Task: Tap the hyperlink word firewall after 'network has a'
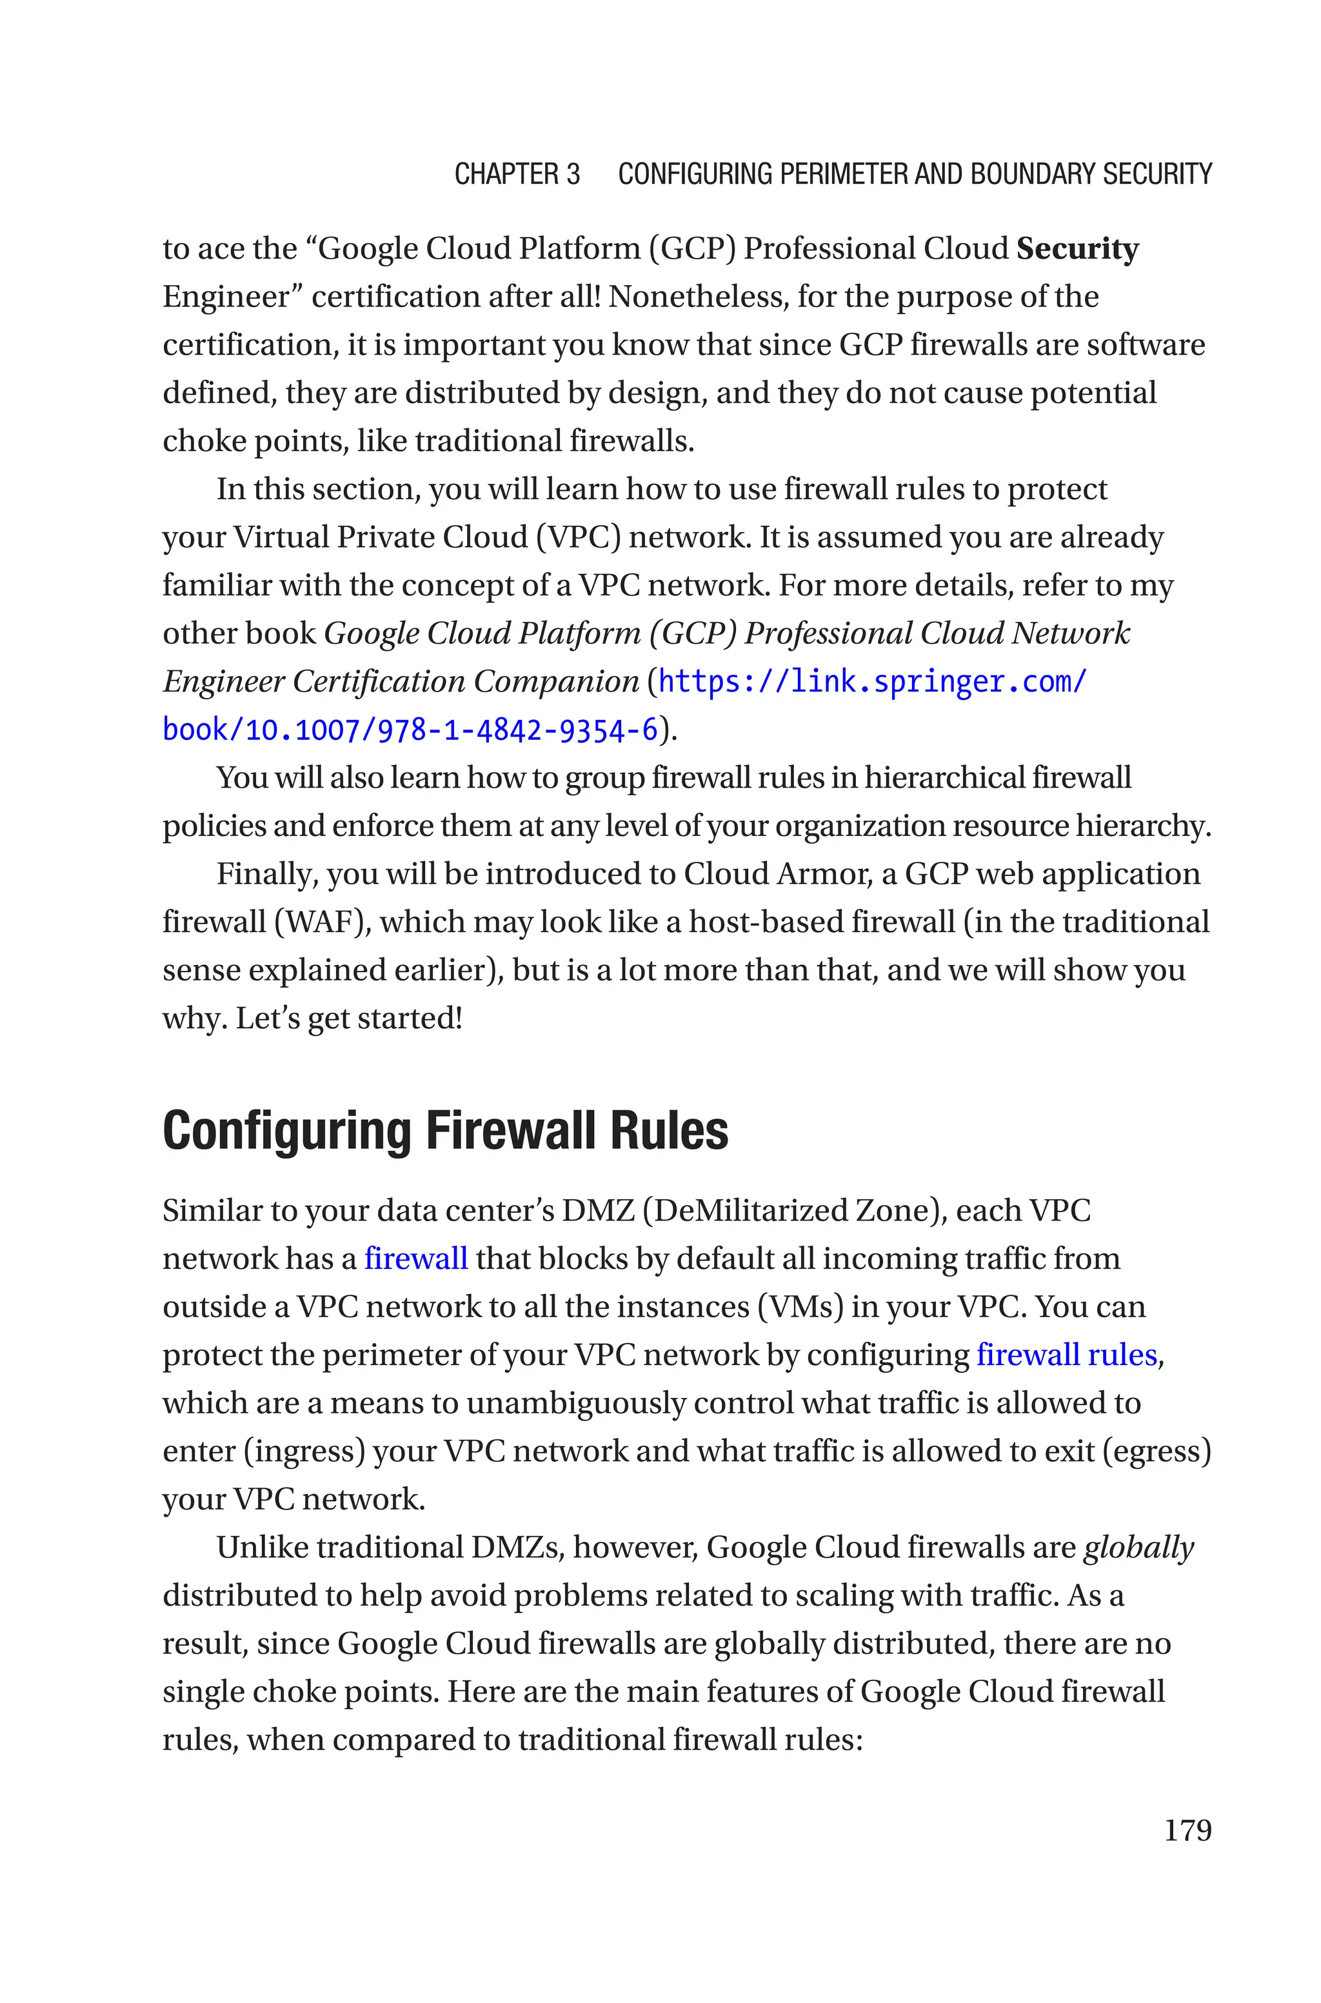tap(415, 1259)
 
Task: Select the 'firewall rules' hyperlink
tap(1066, 1355)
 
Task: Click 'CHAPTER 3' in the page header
tap(517, 174)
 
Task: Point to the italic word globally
tap(1138, 1548)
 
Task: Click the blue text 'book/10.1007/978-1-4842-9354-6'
tap(410, 730)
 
